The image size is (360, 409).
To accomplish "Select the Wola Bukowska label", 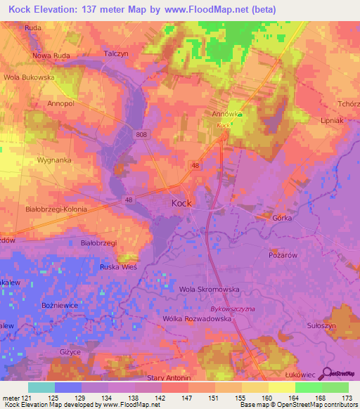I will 29,77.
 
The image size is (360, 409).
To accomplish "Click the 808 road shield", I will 143,134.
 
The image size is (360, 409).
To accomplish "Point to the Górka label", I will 282,219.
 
